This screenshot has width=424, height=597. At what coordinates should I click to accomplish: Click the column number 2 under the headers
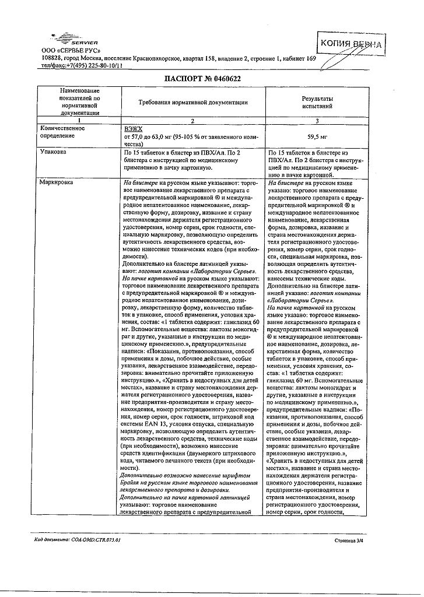(x=193, y=120)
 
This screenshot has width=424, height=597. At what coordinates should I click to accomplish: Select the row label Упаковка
(x=52, y=151)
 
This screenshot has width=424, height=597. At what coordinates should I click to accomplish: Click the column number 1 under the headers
(x=79, y=120)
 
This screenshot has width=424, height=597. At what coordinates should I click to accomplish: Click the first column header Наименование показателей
(x=79, y=102)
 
